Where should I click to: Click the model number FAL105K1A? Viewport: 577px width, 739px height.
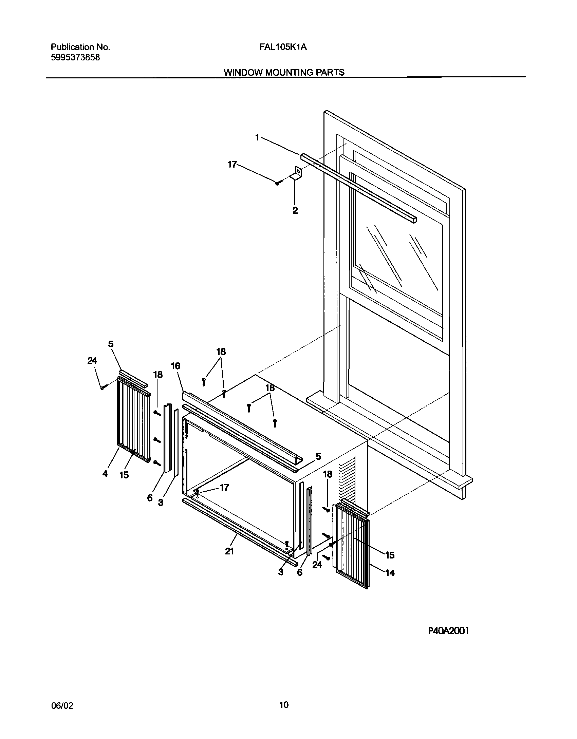click(x=283, y=47)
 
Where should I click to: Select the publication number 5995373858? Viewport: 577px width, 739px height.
click(x=75, y=58)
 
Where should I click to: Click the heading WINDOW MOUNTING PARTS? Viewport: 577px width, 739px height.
click(x=284, y=72)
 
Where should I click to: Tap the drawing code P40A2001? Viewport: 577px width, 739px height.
click(x=448, y=631)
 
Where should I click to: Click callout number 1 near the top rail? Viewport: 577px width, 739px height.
click(x=257, y=137)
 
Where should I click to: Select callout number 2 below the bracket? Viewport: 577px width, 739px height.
click(x=295, y=210)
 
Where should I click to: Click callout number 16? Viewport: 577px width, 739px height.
click(x=175, y=366)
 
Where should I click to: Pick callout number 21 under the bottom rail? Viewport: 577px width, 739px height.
click(x=229, y=552)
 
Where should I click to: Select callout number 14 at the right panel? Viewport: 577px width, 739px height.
click(x=390, y=573)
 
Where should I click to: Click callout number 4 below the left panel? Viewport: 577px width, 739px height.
click(x=105, y=474)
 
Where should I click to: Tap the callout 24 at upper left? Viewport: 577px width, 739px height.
click(x=92, y=361)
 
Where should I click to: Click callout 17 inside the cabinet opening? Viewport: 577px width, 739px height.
click(x=224, y=488)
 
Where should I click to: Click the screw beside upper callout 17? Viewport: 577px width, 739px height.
click(x=277, y=183)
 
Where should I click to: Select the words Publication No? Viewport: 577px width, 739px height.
click(x=80, y=47)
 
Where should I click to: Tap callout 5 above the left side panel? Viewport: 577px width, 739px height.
click(x=111, y=344)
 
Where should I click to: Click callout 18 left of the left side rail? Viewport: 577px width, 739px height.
click(x=158, y=375)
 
